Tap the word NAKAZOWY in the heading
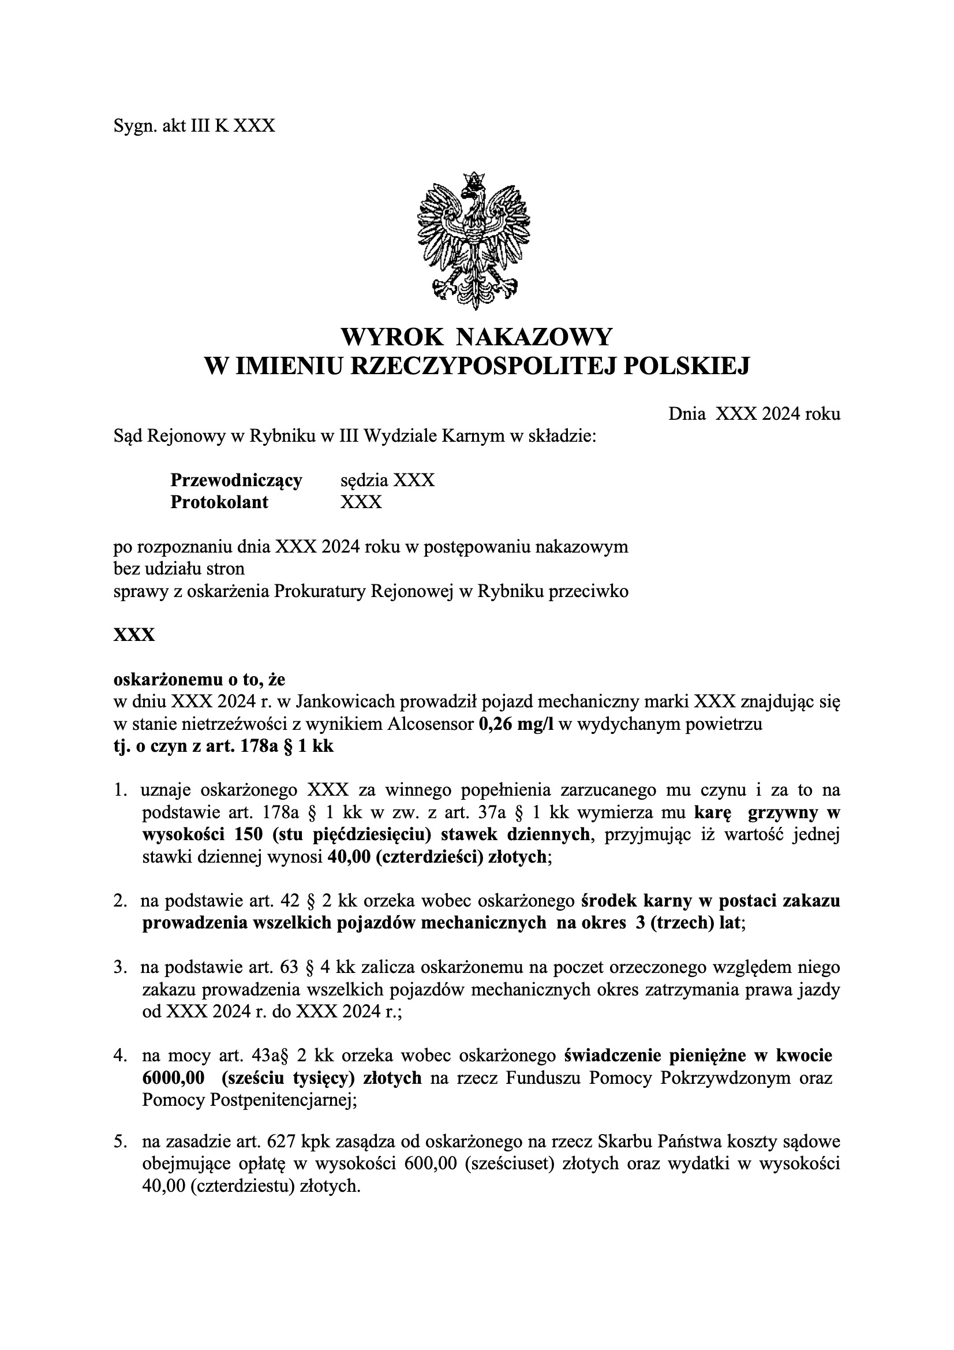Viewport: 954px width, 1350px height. tap(534, 337)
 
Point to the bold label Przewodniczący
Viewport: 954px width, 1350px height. tap(235, 480)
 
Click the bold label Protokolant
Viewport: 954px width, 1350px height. tap(219, 502)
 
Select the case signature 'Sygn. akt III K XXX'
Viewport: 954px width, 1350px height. tap(194, 126)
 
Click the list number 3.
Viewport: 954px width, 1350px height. tap(118, 967)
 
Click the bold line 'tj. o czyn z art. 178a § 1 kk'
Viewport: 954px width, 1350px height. tap(223, 746)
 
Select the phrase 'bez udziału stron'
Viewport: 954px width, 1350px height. tap(179, 569)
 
